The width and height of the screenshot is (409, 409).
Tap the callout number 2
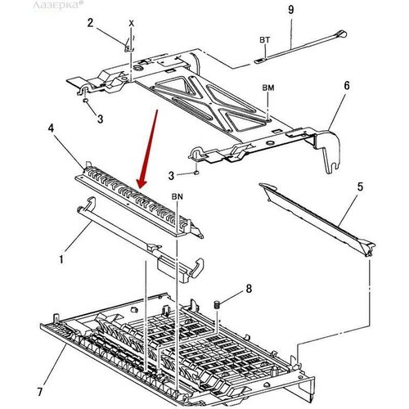pyautogui.click(x=91, y=22)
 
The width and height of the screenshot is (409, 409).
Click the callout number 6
pyautogui.click(x=346, y=85)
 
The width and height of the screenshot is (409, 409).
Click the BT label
pyautogui.click(x=264, y=39)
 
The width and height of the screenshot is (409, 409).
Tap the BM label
pyautogui.click(x=268, y=88)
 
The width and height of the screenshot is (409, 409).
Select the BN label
pyautogui.click(x=178, y=197)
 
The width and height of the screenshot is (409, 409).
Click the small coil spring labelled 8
pyautogui.click(x=217, y=304)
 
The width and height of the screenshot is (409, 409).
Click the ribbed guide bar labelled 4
pyautogui.click(x=139, y=200)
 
